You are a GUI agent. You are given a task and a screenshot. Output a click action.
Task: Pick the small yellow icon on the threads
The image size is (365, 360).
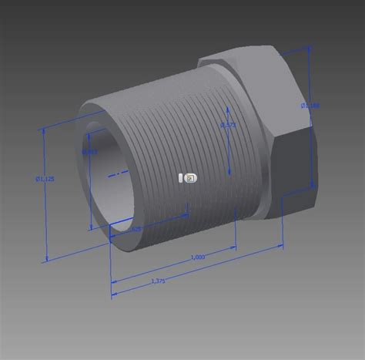189,178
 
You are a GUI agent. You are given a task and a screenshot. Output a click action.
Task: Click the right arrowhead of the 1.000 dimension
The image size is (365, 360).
234,249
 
